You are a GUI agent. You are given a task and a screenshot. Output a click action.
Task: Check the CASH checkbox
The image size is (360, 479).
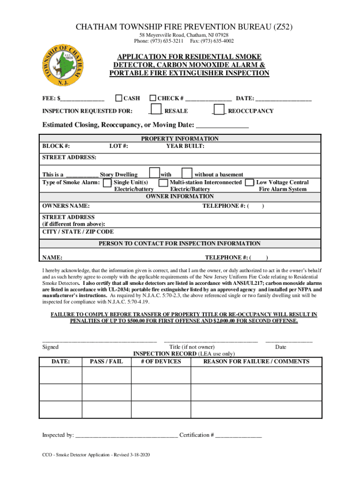click(x=119, y=98)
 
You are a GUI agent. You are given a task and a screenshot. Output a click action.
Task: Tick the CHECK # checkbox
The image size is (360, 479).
click(x=153, y=98)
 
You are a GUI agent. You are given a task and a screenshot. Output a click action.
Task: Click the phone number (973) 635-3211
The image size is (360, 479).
click(x=164, y=41)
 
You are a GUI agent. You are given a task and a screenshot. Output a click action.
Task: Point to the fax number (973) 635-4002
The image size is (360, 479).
click(x=216, y=41)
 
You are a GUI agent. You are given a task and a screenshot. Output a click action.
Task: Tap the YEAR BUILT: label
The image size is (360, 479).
click(x=185, y=146)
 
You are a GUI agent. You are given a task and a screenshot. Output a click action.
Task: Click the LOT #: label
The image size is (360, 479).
click(x=119, y=146)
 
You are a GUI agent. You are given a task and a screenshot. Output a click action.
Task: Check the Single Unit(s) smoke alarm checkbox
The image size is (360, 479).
click(x=107, y=182)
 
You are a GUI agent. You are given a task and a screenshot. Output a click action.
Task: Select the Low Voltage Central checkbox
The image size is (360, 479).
click(x=250, y=182)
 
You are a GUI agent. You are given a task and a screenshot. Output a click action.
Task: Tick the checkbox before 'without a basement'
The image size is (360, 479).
click(x=187, y=173)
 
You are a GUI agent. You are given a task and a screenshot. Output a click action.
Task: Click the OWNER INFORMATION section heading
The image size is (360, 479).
click(x=180, y=196)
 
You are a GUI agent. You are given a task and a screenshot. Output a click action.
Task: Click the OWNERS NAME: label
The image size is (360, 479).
click(x=66, y=206)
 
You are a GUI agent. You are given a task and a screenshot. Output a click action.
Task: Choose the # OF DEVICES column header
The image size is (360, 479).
click(x=160, y=362)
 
